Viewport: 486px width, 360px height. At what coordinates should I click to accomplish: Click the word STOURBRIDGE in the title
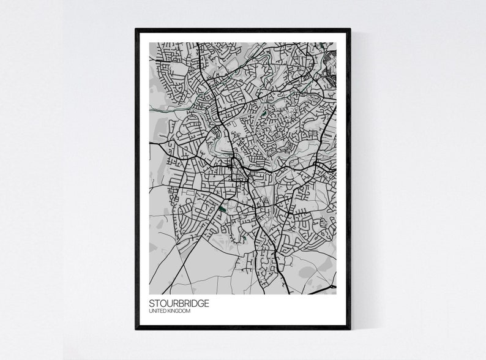tap(179, 304)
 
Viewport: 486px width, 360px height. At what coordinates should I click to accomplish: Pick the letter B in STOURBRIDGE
tap(181, 304)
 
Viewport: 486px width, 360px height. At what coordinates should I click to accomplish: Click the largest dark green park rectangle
tap(222, 209)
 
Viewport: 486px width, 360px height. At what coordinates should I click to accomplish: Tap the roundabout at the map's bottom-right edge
tap(333, 286)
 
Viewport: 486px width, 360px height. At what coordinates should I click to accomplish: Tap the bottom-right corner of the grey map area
tap(336, 294)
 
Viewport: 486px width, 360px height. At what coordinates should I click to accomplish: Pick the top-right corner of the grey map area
tap(336, 43)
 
